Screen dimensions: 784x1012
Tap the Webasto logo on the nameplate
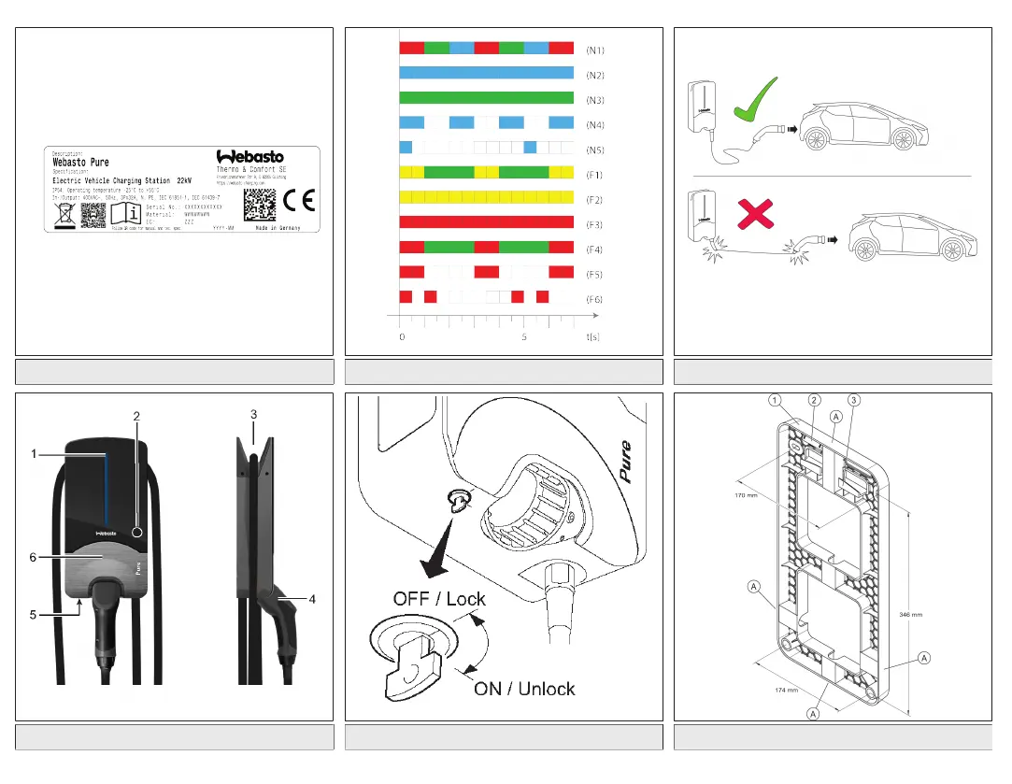click(250, 156)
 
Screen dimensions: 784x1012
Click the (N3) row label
click(594, 98)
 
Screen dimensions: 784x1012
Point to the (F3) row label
click(594, 224)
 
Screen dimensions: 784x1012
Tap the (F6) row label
click(594, 299)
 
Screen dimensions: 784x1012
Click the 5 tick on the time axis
click(524, 336)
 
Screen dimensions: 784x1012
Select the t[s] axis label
click(593, 336)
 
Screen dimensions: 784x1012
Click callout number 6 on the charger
click(32, 556)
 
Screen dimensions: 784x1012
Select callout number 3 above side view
click(253, 412)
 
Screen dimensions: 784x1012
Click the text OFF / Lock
click(439, 598)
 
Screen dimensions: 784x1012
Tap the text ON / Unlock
click(524, 689)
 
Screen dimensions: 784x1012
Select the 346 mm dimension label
click(910, 615)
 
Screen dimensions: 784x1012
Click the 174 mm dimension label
click(785, 691)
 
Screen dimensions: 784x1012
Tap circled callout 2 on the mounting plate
click(815, 401)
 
